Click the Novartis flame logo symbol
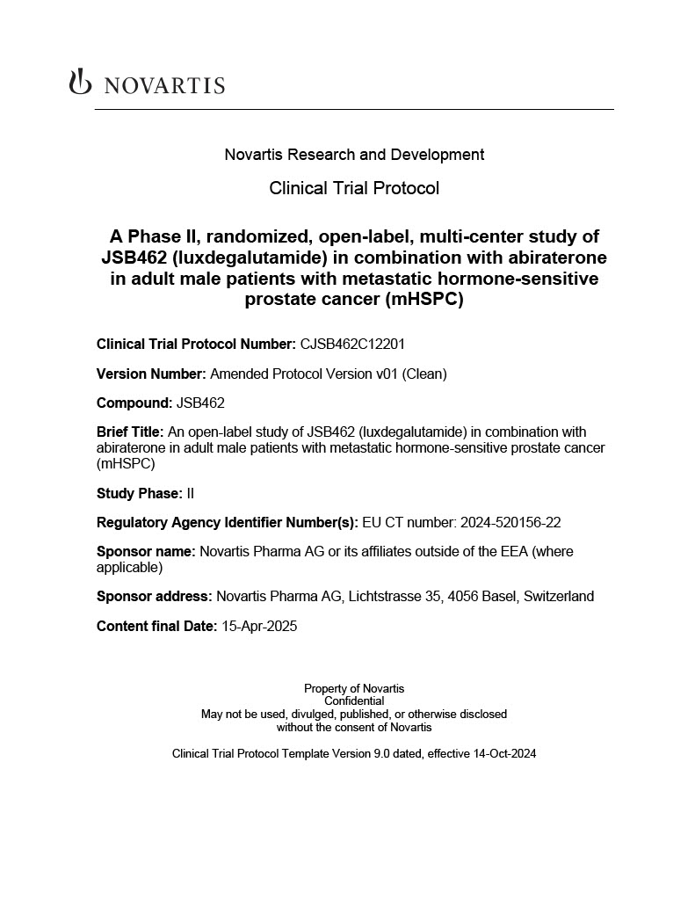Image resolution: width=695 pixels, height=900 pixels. pyautogui.click(x=80, y=83)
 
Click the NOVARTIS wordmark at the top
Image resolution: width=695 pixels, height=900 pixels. pyautogui.click(x=164, y=85)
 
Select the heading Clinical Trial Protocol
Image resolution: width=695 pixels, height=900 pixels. pyautogui.click(x=354, y=188)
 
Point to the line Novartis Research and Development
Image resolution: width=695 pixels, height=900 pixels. pyautogui.click(x=354, y=155)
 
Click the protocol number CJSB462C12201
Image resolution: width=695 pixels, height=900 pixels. pyautogui.click(x=352, y=345)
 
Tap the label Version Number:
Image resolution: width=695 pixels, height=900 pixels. pyautogui.click(x=151, y=374)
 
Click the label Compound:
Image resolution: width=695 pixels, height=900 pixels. pyautogui.click(x=134, y=403)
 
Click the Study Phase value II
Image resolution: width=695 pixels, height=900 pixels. pyautogui.click(x=191, y=493)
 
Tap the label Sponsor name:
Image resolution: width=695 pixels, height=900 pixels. pyautogui.click(x=146, y=552)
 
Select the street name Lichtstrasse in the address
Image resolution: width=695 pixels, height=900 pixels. pyautogui.click(x=385, y=597)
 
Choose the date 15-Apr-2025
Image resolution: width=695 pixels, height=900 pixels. pyautogui.click(x=259, y=627)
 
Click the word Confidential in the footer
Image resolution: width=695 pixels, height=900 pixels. pyautogui.click(x=354, y=701)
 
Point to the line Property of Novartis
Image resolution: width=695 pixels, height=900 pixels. pyautogui.click(x=354, y=688)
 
